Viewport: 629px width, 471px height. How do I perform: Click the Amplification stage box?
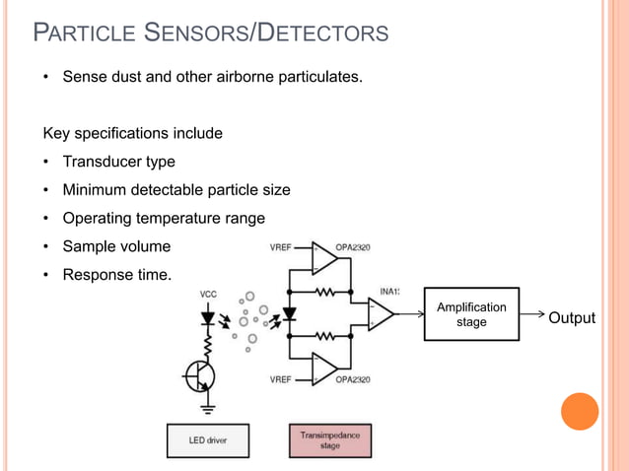(x=471, y=314)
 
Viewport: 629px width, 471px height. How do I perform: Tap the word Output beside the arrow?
(x=572, y=317)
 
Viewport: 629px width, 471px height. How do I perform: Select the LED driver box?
(x=207, y=440)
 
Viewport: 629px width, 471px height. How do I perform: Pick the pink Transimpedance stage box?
(x=330, y=440)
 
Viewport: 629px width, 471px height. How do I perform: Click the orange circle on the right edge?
(x=580, y=411)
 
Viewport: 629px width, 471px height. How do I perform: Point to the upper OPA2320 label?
(x=353, y=247)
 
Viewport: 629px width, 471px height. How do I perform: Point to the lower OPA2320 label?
(x=353, y=378)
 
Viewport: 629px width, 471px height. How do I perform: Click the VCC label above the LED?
(x=209, y=294)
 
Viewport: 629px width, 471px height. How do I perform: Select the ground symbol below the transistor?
(x=209, y=405)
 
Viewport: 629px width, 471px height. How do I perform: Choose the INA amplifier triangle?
(x=381, y=313)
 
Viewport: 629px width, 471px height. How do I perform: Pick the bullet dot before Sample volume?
(x=46, y=247)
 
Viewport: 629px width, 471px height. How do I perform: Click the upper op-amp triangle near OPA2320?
(x=322, y=258)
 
